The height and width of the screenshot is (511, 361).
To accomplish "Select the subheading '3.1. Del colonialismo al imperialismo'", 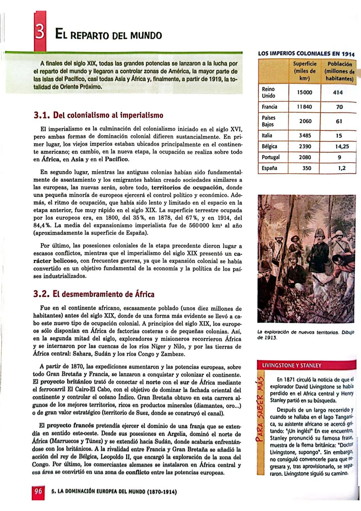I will tap(99, 115).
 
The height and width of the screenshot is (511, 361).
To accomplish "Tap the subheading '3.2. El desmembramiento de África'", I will tap(94, 294).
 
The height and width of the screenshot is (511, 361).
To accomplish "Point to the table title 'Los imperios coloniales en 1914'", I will tap(306, 54).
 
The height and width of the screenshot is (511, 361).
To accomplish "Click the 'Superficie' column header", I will tap(305, 71).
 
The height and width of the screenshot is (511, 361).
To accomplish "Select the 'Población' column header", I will tap(339, 71).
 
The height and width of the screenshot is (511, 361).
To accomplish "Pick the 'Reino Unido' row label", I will tap(268, 92).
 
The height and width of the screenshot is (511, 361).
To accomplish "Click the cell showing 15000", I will tap(305, 92).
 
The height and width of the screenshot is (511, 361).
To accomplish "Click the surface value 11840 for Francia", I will tap(305, 107).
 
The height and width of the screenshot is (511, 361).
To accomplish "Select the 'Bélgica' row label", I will tap(269, 146).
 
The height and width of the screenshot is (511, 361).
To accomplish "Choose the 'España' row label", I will tap(269, 168).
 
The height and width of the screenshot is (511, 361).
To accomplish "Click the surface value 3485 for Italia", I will tap(305, 136).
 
